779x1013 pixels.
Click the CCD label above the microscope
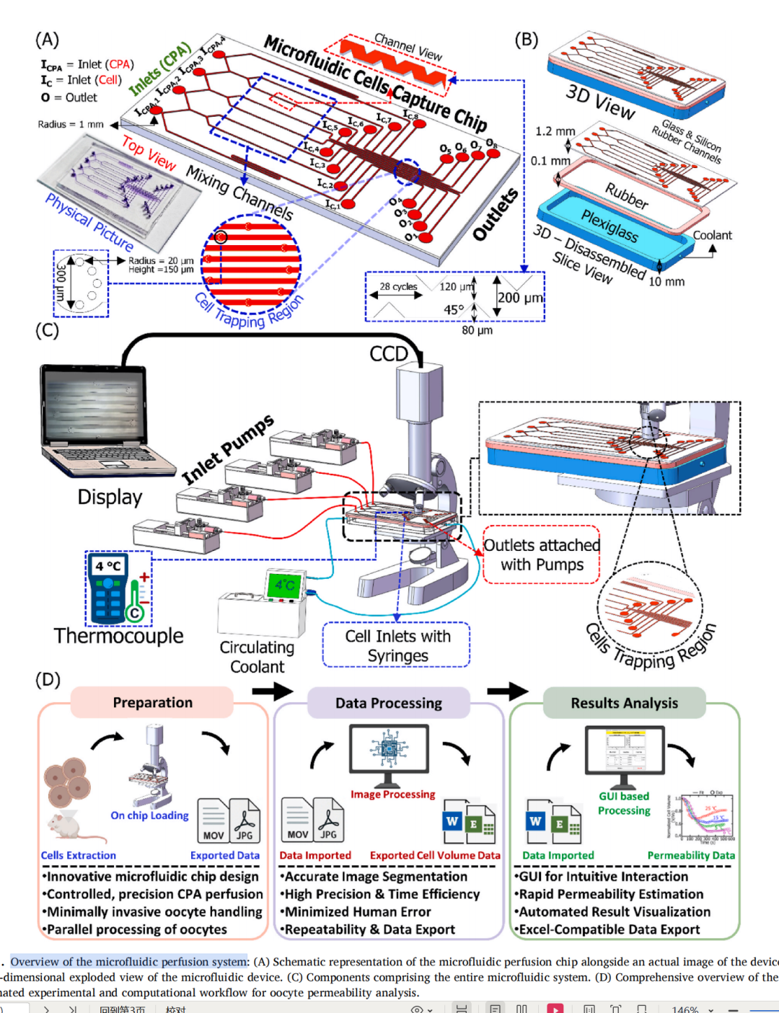coord(389,354)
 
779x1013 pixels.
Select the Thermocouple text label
coord(118,636)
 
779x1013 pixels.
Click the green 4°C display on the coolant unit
coord(284,585)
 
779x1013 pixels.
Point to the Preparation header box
coord(152,702)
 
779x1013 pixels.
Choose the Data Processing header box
coord(388,703)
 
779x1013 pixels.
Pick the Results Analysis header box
coord(624,703)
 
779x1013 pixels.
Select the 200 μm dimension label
coord(519,298)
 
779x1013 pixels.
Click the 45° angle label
coord(454,309)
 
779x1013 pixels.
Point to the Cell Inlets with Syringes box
coord(397,645)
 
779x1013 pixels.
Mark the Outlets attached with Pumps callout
coord(542,554)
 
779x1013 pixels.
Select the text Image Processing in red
coord(392,795)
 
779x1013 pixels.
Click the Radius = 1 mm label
coord(71,124)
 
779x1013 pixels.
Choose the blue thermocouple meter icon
coord(108,588)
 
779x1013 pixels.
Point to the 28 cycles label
coord(398,286)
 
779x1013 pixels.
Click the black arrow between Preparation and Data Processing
coord(273,691)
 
